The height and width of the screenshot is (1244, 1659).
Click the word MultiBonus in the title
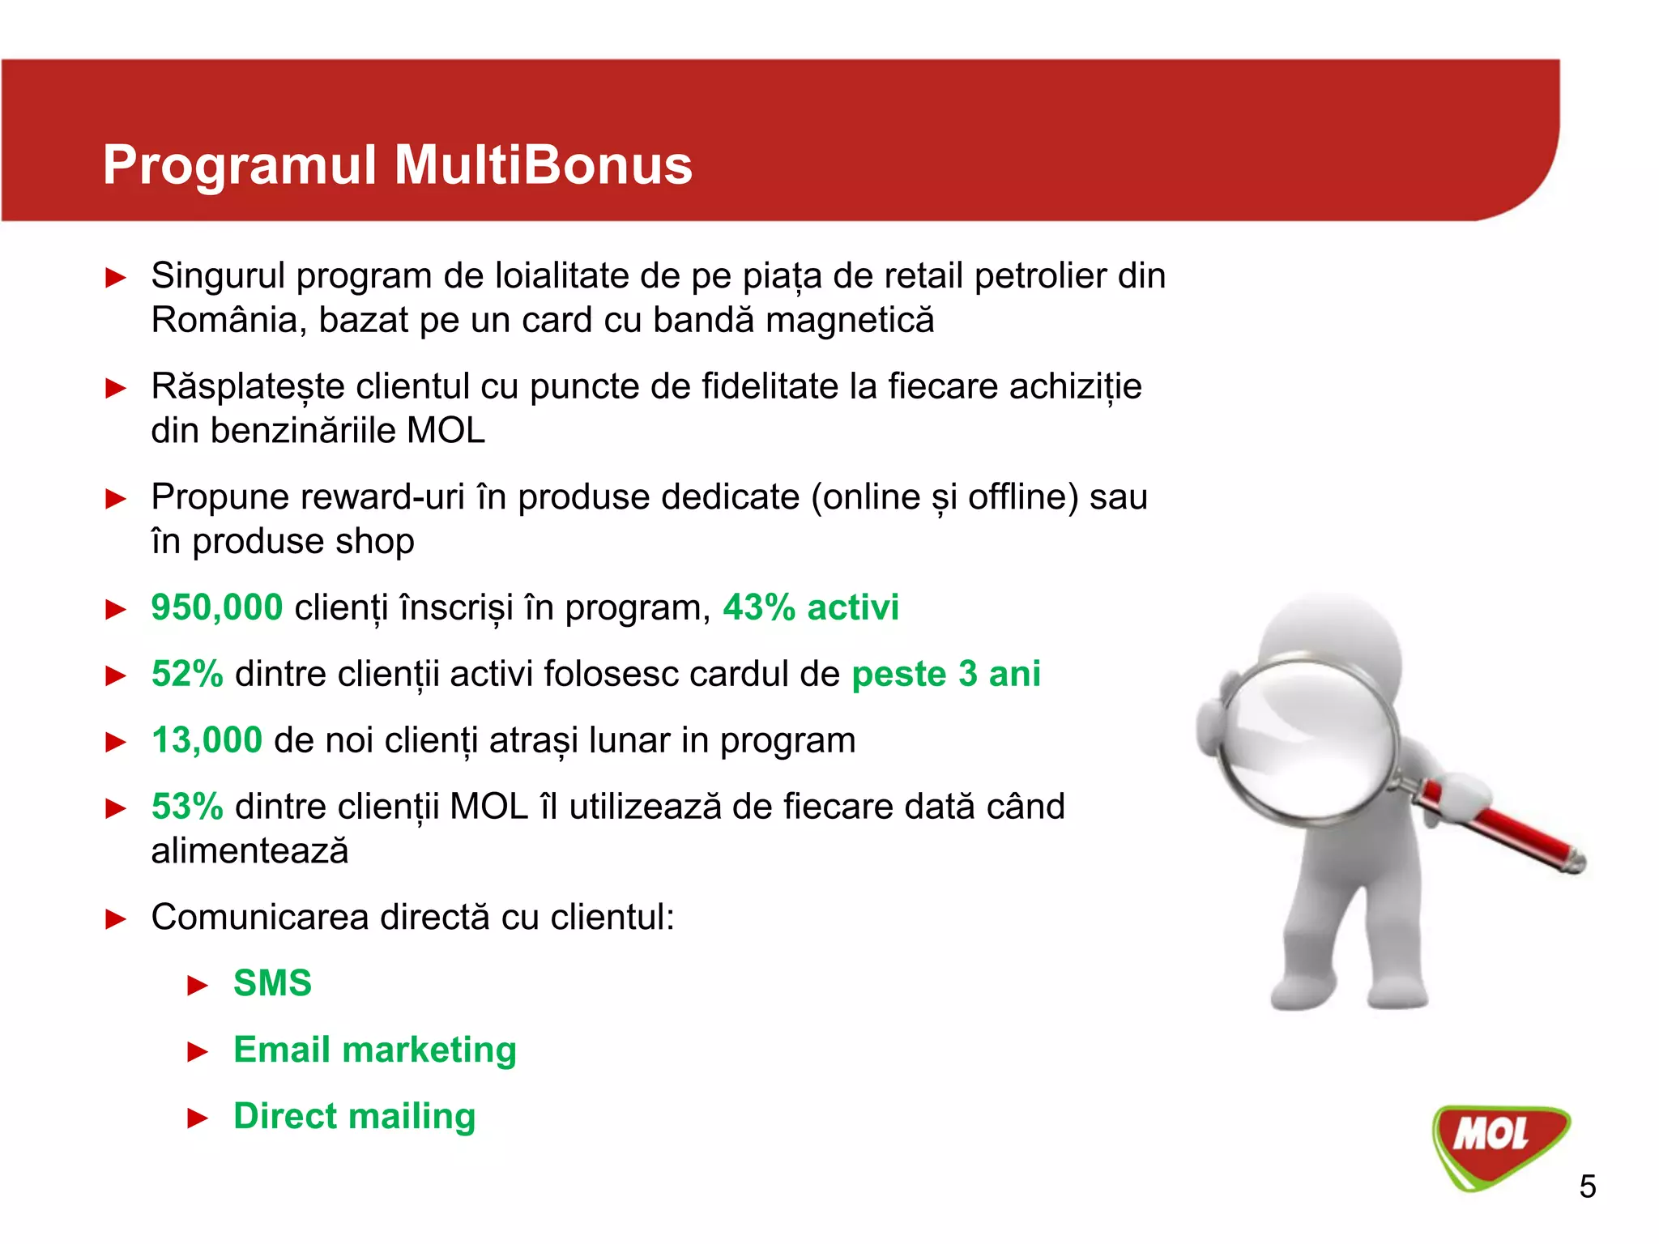tap(543, 165)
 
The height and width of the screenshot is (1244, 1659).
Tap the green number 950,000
tap(217, 607)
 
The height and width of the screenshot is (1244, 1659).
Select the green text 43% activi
tap(811, 607)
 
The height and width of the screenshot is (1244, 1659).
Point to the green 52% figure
tap(187, 674)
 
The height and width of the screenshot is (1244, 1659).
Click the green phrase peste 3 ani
tap(946, 674)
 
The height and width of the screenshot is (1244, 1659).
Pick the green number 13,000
tap(207, 740)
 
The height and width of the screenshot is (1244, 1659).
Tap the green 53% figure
tap(187, 807)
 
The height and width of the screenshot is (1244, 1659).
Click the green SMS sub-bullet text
tap(272, 983)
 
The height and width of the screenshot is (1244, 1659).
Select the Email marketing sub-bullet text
tap(374, 1050)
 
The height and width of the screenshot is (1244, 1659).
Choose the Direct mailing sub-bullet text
tap(354, 1116)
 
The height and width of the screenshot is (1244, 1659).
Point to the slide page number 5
tap(1588, 1186)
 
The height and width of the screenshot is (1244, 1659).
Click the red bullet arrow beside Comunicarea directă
tap(117, 919)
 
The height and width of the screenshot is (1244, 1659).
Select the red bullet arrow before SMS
tap(198, 986)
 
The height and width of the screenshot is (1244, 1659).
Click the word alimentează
tap(249, 851)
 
